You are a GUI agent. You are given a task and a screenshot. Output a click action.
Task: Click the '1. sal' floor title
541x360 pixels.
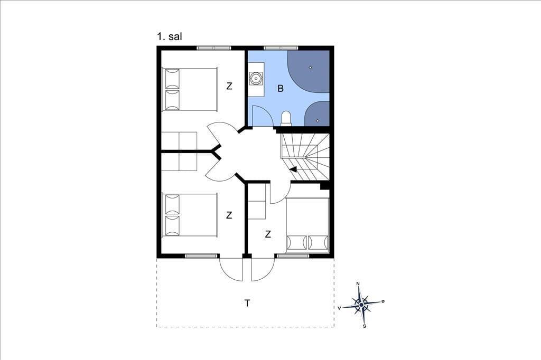tap(170, 36)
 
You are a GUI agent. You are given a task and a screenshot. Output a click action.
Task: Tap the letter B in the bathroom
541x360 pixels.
tap(281, 89)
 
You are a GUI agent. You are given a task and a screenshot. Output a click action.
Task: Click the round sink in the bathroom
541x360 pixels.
tap(256, 79)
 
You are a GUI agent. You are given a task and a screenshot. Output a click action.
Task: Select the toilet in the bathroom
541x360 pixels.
tap(286, 118)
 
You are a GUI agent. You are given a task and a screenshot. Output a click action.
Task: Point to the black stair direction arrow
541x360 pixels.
tap(293, 169)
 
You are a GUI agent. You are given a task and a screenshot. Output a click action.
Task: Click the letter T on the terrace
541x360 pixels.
tap(247, 303)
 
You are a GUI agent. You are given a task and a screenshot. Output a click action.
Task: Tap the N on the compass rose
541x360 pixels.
tap(358, 283)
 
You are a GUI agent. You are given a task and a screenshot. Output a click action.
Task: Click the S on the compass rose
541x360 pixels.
tap(365, 326)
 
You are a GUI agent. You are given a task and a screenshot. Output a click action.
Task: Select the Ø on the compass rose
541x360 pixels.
tap(383, 301)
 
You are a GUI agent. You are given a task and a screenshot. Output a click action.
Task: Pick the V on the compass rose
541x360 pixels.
tap(340, 308)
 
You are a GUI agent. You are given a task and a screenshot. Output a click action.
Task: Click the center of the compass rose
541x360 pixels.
tap(361, 305)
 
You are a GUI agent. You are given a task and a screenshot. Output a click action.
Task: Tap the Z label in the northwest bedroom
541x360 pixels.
tap(229, 86)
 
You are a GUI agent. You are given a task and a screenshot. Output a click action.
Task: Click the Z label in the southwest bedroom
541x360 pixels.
tap(229, 215)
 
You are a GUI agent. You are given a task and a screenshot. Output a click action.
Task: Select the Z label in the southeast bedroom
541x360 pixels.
tap(268, 234)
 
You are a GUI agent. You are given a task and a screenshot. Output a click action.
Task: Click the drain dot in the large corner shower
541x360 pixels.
tap(310, 68)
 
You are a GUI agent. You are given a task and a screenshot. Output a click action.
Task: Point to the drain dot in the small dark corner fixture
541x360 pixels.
tap(318, 120)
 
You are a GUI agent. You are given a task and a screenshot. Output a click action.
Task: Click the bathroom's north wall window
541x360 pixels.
tap(281, 48)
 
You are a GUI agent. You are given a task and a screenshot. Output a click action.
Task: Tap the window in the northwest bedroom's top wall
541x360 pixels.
tap(214, 48)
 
